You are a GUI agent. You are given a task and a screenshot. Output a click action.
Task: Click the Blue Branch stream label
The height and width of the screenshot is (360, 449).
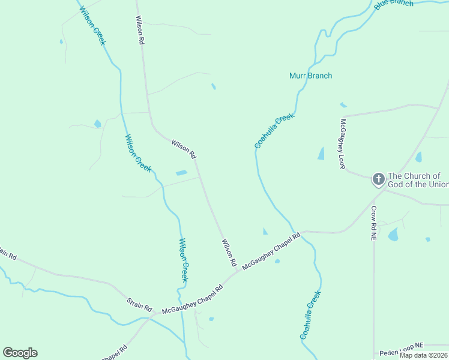tap(394, 4)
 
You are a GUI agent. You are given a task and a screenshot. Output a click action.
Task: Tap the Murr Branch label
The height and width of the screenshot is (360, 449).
tap(310, 76)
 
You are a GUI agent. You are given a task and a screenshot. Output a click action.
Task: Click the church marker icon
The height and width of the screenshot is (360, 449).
tap(378, 179)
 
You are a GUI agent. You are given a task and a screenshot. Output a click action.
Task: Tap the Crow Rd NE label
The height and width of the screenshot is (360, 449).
tap(373, 223)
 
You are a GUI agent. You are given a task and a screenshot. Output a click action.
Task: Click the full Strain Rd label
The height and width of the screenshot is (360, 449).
tap(139, 304)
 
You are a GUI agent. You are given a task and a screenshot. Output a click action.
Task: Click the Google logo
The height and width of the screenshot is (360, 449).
tap(20, 353)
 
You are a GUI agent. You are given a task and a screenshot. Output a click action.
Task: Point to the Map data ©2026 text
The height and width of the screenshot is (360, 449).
tap(423, 355)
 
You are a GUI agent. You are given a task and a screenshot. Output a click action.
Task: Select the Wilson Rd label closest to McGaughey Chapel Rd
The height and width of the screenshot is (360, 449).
tap(229, 253)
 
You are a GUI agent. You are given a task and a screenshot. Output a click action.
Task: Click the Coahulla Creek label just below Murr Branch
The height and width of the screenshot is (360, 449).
tap(274, 131)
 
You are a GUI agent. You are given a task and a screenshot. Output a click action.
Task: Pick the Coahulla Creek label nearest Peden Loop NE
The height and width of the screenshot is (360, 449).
tap(310, 316)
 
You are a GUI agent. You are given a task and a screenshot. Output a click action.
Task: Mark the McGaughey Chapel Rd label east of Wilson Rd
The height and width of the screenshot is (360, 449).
tap(271, 251)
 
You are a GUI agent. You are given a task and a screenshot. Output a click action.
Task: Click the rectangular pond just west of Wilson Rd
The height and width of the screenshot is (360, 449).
tap(181, 173)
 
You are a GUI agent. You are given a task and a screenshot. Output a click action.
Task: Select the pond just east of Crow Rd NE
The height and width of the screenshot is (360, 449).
tap(393, 234)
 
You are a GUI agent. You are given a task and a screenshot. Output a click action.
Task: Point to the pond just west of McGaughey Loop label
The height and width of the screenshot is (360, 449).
tap(321, 154)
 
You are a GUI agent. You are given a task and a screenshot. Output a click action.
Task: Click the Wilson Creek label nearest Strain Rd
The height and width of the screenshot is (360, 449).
tap(184, 260)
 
